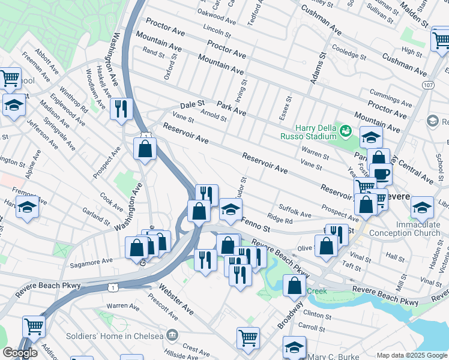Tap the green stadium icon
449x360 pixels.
pyautogui.click(x=345, y=130)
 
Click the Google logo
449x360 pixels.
pyautogui.click(x=20, y=353)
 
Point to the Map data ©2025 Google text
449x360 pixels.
pyautogui.click(x=412, y=355)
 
